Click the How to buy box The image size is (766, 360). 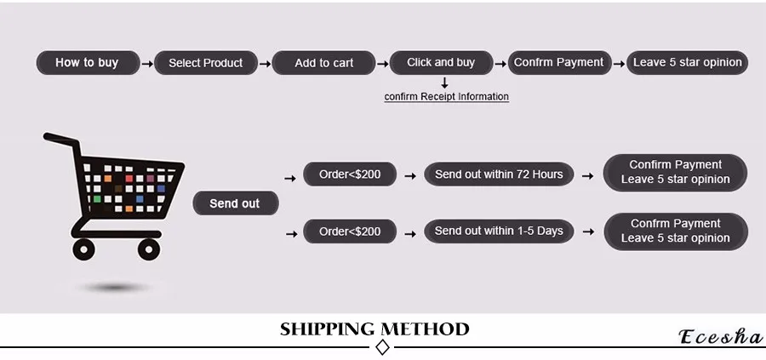(x=87, y=62)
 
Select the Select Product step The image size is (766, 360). (x=205, y=63)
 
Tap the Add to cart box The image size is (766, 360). (x=323, y=63)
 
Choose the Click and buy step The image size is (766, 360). (x=441, y=62)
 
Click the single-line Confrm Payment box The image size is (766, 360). (x=558, y=62)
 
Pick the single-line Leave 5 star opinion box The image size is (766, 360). (x=687, y=62)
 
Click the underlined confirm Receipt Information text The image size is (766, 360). (x=446, y=97)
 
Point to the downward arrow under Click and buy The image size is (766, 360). (x=444, y=83)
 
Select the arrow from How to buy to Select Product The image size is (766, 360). (x=147, y=63)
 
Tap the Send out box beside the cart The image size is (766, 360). (x=234, y=203)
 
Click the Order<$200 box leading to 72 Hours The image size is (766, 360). (x=350, y=174)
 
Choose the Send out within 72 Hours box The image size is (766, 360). (x=499, y=174)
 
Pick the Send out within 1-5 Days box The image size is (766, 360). (x=499, y=231)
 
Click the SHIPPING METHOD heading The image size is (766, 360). (x=374, y=329)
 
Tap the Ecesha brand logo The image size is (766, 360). (x=720, y=337)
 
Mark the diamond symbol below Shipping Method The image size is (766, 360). (x=382, y=347)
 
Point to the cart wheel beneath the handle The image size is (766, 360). (x=83, y=249)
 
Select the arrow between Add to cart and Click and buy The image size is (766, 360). (x=383, y=63)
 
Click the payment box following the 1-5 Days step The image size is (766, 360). (x=675, y=231)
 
